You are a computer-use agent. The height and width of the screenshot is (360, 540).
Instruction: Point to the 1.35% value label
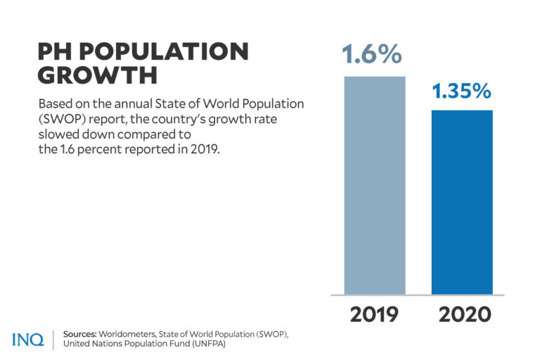click(462, 92)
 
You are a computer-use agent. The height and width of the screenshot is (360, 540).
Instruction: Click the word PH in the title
click(56, 52)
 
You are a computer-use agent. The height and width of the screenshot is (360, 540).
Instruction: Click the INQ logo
click(27, 340)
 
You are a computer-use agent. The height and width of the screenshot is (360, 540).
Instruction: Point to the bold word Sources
click(79, 333)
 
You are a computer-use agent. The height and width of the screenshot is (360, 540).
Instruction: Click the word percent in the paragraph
click(98, 149)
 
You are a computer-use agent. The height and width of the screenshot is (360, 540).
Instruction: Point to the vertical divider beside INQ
click(53, 339)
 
